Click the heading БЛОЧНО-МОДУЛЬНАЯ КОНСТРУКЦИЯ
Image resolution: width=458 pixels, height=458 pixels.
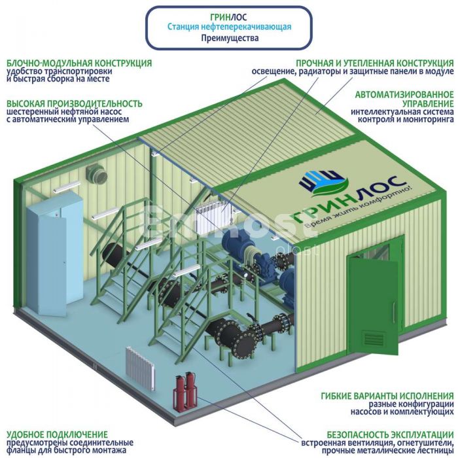click(x=79, y=63)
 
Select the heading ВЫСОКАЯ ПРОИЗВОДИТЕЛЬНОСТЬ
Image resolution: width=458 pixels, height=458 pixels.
click(x=75, y=103)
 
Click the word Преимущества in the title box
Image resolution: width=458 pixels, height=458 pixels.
click(x=229, y=38)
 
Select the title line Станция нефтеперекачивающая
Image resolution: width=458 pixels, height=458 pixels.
click(x=229, y=27)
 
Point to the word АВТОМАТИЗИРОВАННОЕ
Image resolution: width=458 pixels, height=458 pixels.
click(x=404, y=94)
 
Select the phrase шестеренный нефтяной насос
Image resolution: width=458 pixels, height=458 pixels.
click(x=52, y=112)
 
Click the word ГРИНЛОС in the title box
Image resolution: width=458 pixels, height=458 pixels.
click(x=229, y=17)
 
